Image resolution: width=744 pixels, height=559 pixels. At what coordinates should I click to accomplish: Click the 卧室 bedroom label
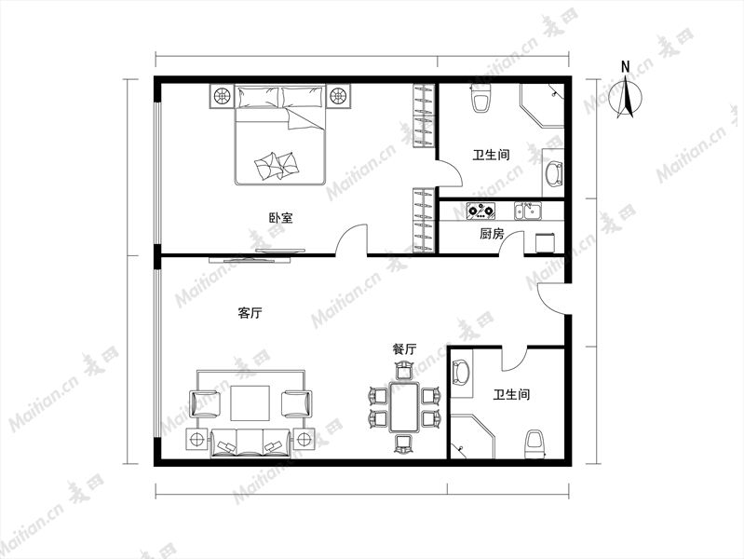[281, 218]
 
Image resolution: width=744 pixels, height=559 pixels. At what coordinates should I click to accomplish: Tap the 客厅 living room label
[250, 313]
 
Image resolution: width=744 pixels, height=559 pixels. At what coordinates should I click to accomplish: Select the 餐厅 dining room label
[404, 349]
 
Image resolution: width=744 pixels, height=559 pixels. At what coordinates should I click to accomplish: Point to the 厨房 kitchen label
[492, 234]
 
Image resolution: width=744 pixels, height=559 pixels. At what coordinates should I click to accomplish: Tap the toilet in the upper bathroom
[480, 98]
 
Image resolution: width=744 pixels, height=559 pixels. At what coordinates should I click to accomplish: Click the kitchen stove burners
[480, 210]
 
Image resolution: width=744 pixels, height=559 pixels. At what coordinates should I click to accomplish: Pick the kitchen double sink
[528, 211]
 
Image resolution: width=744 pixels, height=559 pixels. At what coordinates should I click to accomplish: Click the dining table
[404, 407]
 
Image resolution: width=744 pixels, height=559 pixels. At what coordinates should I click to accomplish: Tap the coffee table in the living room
[250, 403]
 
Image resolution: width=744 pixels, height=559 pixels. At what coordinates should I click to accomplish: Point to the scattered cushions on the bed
[277, 165]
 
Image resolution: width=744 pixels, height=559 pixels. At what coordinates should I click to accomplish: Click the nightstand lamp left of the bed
[222, 96]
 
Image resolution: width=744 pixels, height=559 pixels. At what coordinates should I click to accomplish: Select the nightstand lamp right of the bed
[338, 96]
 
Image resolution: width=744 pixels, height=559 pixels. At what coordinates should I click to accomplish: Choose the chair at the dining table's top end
[404, 370]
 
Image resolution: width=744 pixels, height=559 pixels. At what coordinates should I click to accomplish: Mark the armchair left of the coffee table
[206, 403]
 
